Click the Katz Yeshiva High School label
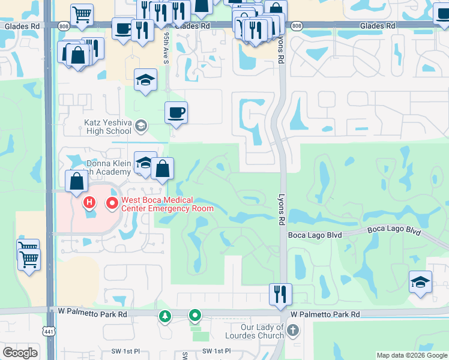(x=107, y=126)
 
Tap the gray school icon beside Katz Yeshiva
(x=141, y=126)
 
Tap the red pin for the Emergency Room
(x=112, y=204)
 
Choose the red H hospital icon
(x=89, y=203)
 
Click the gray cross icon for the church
(x=292, y=331)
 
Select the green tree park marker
(x=164, y=316)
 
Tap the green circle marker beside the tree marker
(x=195, y=315)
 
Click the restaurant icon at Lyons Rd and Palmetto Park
(x=280, y=294)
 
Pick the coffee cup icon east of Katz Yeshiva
(x=176, y=112)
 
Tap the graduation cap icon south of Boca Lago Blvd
(x=420, y=282)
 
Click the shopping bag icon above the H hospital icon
(x=77, y=181)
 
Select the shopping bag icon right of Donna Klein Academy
(x=162, y=169)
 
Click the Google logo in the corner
(x=20, y=353)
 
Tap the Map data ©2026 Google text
(x=412, y=355)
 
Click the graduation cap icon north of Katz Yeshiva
(x=145, y=80)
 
